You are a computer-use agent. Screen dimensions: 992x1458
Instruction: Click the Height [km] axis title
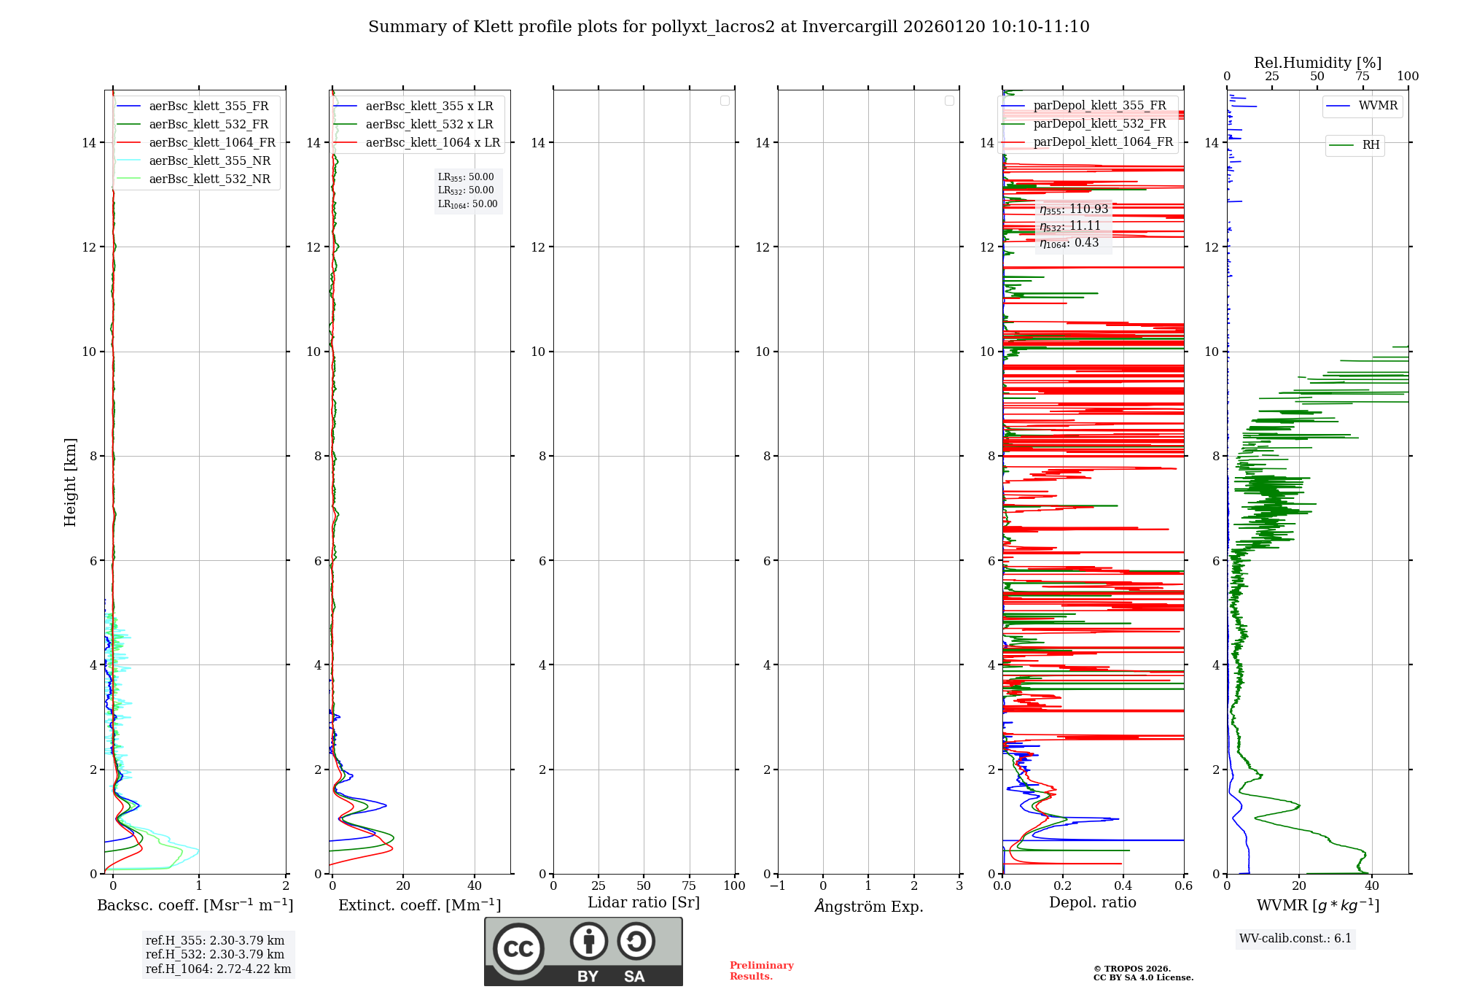click(70, 482)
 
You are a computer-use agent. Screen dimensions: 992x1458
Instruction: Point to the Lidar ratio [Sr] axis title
click(644, 903)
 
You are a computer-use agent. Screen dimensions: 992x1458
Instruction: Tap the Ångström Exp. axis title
click(868, 906)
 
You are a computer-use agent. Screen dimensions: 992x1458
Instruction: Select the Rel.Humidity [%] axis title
click(1317, 63)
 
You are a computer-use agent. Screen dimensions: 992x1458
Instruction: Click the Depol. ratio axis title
click(1092, 903)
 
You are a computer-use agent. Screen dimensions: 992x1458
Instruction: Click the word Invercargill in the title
click(850, 27)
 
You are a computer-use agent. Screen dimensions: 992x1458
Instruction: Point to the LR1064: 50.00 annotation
click(467, 204)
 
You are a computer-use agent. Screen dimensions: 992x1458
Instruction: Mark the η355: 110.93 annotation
click(1074, 209)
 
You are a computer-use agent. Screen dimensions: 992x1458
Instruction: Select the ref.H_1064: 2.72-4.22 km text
click(218, 969)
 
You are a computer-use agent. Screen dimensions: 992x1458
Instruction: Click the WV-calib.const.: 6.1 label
click(1295, 939)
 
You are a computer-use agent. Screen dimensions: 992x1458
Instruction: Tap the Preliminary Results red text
click(761, 971)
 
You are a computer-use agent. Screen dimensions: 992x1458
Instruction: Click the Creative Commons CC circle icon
click(518, 949)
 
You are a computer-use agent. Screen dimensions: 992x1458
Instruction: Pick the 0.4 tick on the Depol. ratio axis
click(1123, 886)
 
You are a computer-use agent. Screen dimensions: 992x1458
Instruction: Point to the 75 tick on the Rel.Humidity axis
click(1362, 77)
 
